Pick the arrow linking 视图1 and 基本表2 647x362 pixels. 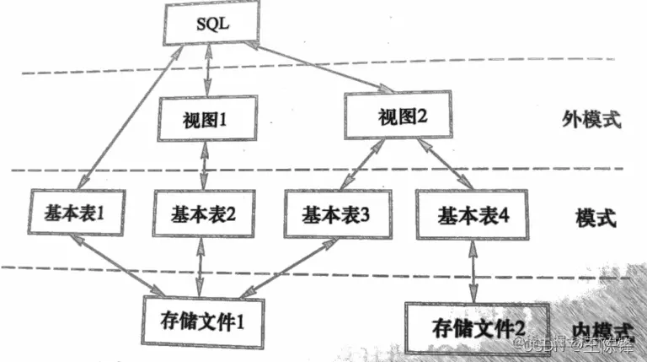tap(205, 165)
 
